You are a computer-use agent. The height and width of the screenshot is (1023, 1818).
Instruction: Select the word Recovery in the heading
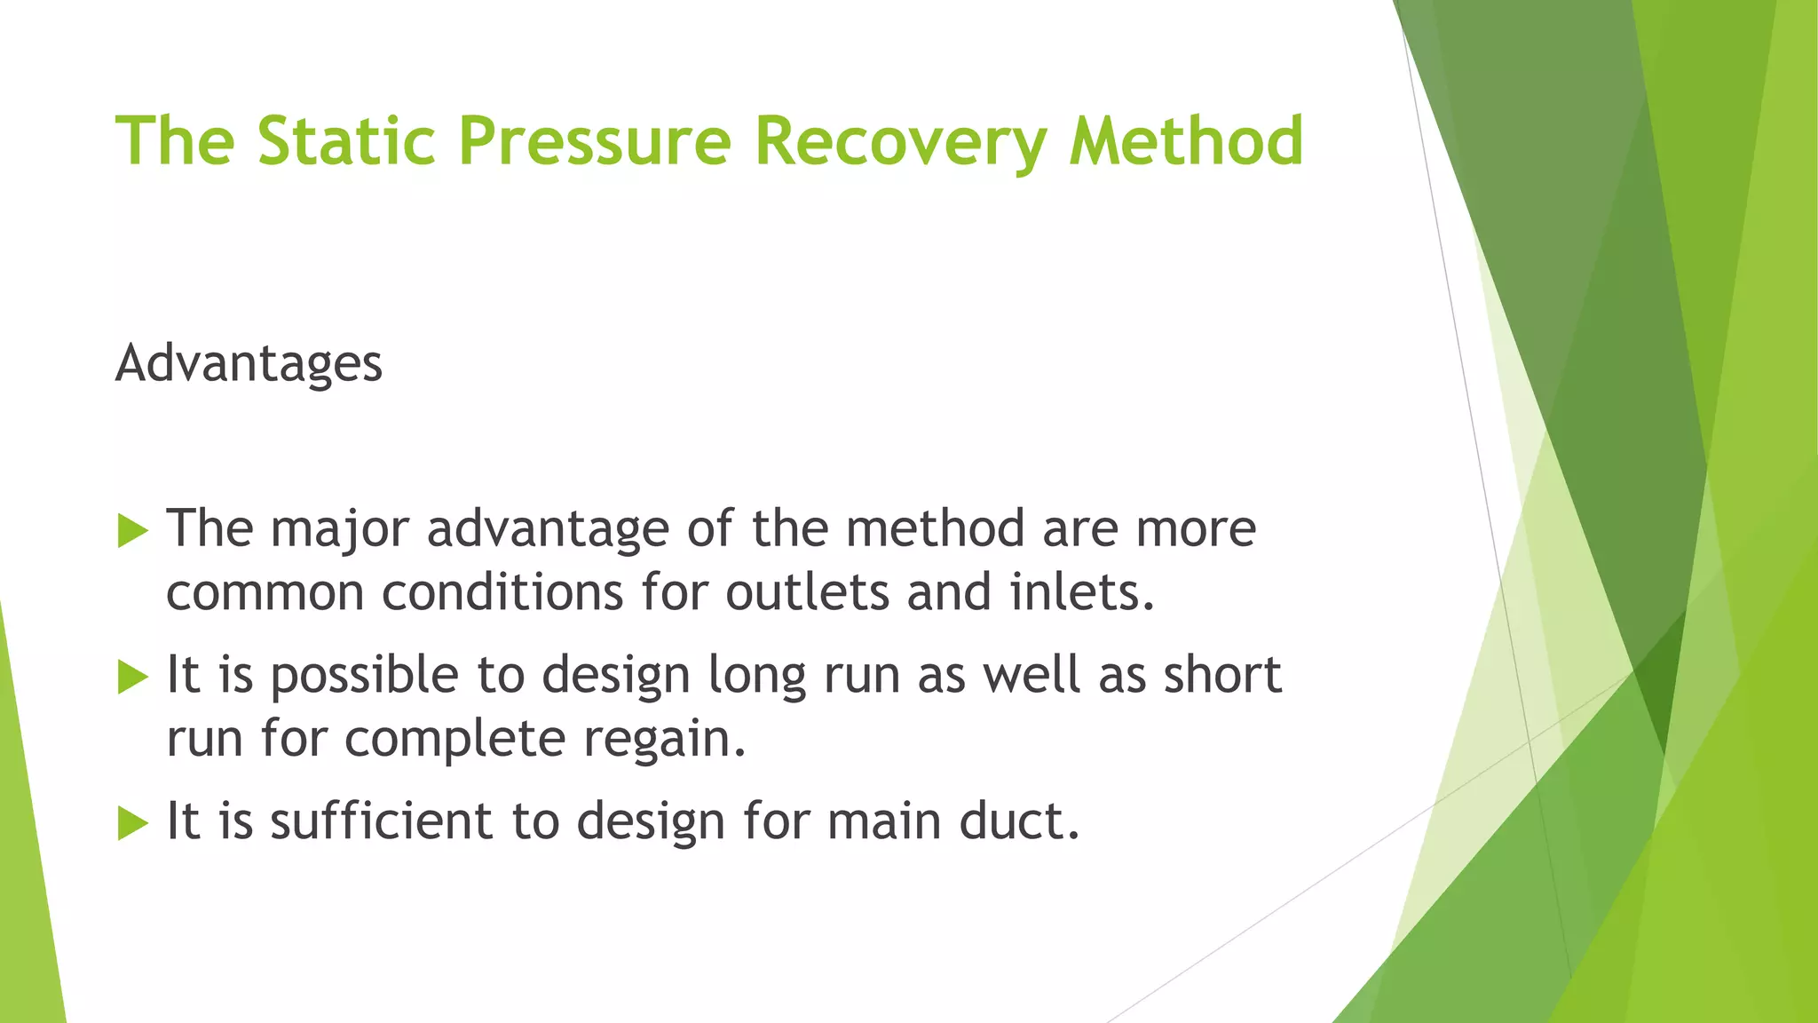[x=900, y=142]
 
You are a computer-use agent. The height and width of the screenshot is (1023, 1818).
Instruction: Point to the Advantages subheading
[x=249, y=364]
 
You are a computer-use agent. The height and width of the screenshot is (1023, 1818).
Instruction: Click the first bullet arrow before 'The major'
[x=132, y=531]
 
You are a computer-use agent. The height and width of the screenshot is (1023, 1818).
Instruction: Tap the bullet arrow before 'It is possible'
[x=132, y=678]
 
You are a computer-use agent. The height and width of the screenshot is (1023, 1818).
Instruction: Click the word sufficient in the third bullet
[x=380, y=821]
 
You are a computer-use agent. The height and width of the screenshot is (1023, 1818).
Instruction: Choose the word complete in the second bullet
[x=454, y=740]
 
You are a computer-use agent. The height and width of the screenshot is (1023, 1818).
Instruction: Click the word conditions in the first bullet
[x=502, y=592]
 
